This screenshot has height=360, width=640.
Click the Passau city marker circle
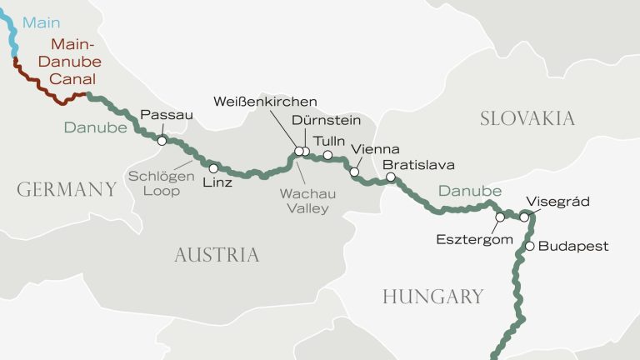pos(162,141)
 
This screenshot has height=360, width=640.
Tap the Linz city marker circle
pos(213,168)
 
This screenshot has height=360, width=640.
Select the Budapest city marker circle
pos(528,246)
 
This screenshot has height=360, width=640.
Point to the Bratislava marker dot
pos(391,177)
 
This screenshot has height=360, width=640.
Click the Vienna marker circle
pos(354,172)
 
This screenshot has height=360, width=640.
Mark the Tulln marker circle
pos(327,155)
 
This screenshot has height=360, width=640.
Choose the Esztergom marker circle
pos(500,217)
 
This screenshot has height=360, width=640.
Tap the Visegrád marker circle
pos(524,217)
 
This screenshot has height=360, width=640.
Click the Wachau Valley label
pos(308,201)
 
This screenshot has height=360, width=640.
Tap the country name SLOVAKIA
pos(527,118)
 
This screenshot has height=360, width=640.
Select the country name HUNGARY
pos(432,297)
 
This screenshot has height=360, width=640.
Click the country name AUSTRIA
pos(217,255)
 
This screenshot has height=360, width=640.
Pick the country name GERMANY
pos(67,190)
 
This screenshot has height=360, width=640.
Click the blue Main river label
pos(41,22)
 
